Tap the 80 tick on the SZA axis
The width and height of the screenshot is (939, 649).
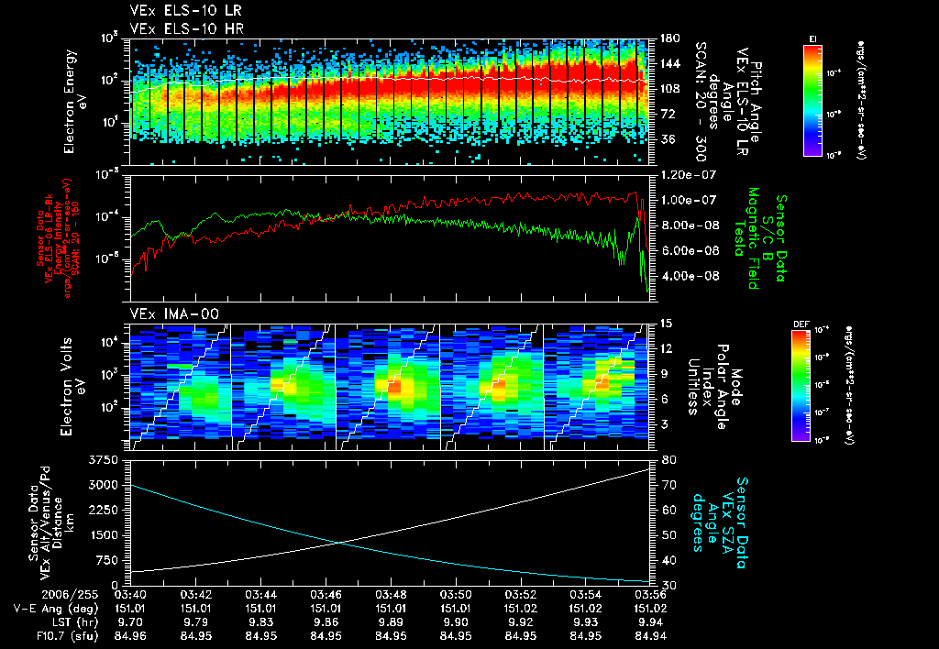667,459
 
